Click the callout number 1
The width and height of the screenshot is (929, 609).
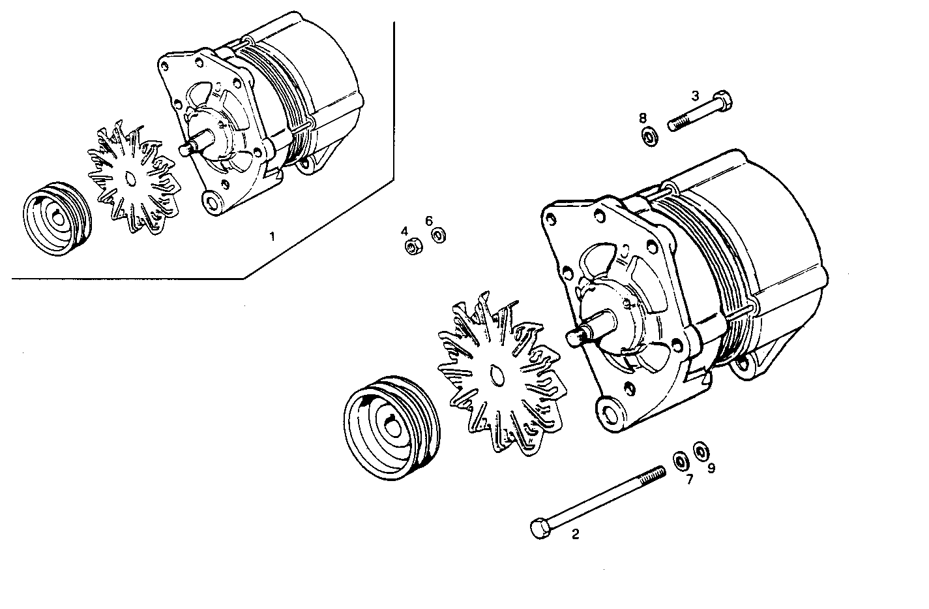pyautogui.click(x=273, y=236)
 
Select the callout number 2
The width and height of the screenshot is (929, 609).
pyautogui.click(x=575, y=535)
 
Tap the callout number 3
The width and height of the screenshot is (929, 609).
pyautogui.click(x=695, y=95)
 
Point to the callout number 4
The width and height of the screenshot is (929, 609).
pyautogui.click(x=404, y=231)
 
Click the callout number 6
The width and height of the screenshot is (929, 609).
pyautogui.click(x=429, y=221)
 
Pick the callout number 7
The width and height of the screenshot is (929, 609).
pyautogui.click(x=689, y=479)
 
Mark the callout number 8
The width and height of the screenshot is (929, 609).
pyautogui.click(x=643, y=118)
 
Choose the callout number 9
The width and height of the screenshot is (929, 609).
pyautogui.click(x=711, y=468)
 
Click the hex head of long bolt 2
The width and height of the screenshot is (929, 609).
pyautogui.click(x=540, y=527)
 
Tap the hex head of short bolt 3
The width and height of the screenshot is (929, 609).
pyautogui.click(x=724, y=102)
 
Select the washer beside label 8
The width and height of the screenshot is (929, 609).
pyautogui.click(x=649, y=138)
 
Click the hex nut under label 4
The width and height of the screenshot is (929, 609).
pyautogui.click(x=412, y=247)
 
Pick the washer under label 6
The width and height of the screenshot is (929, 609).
pyautogui.click(x=439, y=235)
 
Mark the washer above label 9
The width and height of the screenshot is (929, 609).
pyautogui.click(x=700, y=450)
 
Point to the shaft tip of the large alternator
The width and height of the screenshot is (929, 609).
pyautogui.click(x=573, y=337)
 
